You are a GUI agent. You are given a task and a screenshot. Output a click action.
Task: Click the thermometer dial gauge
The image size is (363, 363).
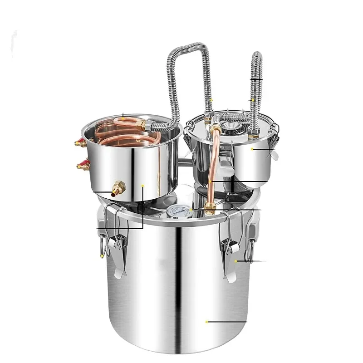(176, 211)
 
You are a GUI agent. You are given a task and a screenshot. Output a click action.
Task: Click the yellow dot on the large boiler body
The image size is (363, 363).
(207, 322)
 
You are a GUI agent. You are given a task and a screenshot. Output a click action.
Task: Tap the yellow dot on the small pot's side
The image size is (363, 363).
(253, 148)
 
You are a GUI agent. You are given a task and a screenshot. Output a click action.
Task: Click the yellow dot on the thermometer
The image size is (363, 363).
(192, 210)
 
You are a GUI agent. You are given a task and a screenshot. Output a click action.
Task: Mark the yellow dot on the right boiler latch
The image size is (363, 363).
(236, 261)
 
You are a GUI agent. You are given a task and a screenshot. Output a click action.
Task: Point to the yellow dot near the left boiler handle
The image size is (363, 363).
(102, 257)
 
